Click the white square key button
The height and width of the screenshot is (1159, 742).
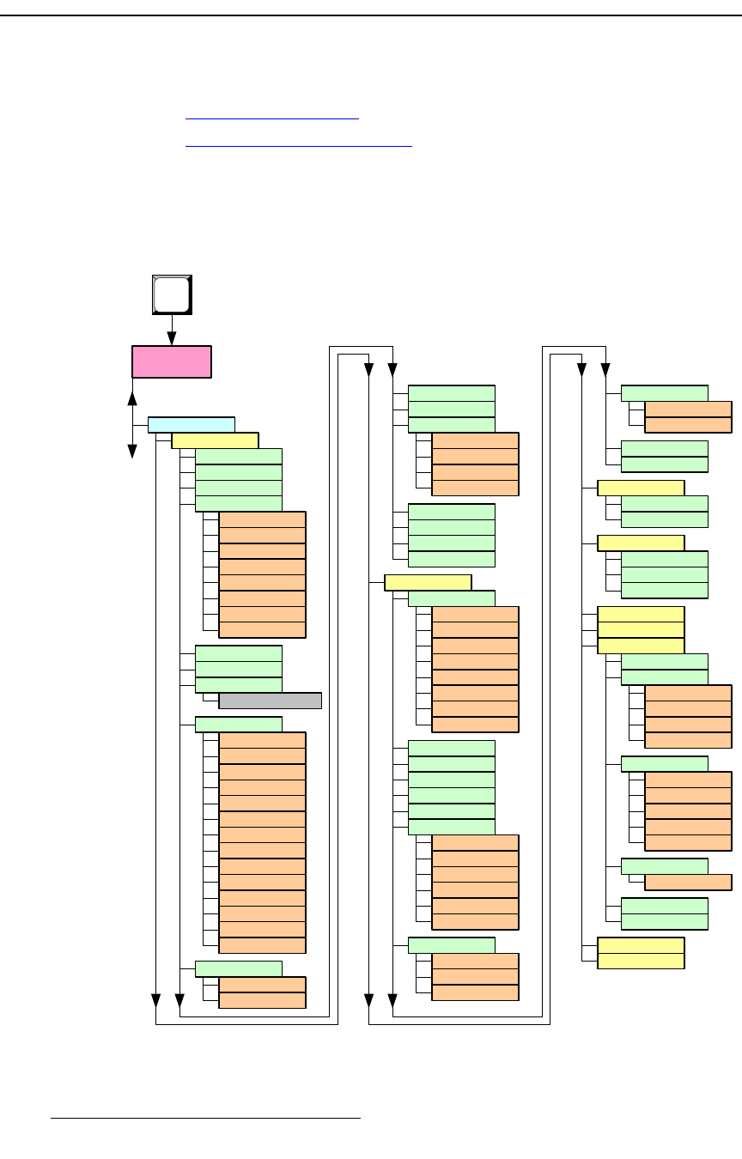[x=172, y=295]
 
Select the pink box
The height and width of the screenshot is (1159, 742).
[x=172, y=361]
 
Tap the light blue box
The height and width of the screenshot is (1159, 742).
[x=192, y=424]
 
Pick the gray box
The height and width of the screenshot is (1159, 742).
[x=271, y=701]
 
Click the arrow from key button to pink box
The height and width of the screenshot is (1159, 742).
[x=172, y=330]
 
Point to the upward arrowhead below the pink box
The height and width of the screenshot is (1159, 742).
[x=132, y=398]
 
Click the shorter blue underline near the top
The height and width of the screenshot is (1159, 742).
[x=272, y=119]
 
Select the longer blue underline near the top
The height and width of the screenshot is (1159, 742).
[x=299, y=146]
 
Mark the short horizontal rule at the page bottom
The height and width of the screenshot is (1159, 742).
[x=205, y=1119]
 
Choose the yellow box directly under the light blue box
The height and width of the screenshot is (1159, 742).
[x=215, y=440]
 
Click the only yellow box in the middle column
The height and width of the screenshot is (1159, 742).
[x=428, y=582]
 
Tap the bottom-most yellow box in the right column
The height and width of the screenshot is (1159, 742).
[x=641, y=961]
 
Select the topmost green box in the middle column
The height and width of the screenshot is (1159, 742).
[x=451, y=393]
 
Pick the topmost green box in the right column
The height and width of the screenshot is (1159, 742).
[x=664, y=393]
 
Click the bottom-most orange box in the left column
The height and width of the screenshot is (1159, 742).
[x=262, y=1000]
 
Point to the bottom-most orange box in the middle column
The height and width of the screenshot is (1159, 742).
[x=475, y=992]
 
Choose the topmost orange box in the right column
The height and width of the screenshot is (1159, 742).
[x=688, y=410]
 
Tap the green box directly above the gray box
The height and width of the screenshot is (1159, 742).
[x=239, y=685]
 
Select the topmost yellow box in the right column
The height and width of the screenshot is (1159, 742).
[x=641, y=488]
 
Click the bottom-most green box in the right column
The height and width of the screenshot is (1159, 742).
[x=664, y=921]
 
